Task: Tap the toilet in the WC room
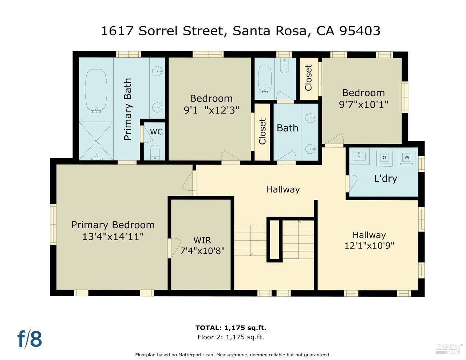[x=155, y=152]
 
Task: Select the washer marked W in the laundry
[x=407, y=158]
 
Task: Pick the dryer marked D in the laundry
[x=384, y=158]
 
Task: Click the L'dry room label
[x=386, y=179]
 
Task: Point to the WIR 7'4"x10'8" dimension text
[x=202, y=251]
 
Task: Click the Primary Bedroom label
[x=113, y=225]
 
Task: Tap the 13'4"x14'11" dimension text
[x=113, y=237]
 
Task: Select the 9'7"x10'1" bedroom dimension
[x=363, y=104]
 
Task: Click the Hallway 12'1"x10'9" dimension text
[x=369, y=246]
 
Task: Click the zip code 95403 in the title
[x=360, y=31]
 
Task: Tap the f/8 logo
[x=29, y=339]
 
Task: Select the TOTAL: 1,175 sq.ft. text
[x=233, y=328]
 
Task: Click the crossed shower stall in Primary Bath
[x=96, y=141]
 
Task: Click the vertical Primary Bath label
[x=127, y=109]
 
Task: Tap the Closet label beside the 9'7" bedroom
[x=309, y=78]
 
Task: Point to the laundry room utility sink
[x=359, y=156]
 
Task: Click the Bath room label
[x=287, y=128]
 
